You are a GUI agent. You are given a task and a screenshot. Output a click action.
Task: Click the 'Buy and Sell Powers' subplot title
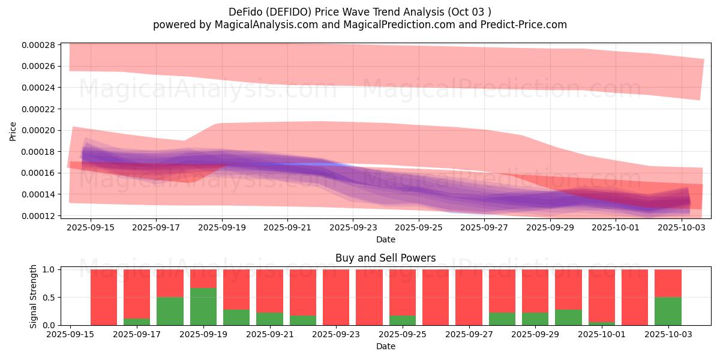[385, 259]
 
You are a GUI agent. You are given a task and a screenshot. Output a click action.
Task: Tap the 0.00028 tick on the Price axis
[38, 45]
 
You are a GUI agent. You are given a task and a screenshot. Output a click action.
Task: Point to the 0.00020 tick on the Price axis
[38, 130]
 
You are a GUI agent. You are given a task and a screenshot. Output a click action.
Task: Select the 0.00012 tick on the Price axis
[38, 216]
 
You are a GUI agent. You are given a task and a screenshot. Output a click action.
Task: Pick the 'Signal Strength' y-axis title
[34, 296]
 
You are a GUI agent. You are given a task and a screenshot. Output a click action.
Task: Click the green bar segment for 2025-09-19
[203, 307]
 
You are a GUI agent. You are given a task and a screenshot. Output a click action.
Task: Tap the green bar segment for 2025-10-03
[668, 311]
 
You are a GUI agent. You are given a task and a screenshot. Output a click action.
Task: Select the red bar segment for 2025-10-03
[668, 283]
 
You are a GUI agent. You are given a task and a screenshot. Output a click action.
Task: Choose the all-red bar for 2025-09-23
[336, 297]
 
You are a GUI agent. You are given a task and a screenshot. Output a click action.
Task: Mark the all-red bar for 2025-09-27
[469, 297]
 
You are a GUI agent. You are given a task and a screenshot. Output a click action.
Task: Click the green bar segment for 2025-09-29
[535, 319]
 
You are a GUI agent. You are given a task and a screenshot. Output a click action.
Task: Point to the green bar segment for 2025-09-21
[269, 319]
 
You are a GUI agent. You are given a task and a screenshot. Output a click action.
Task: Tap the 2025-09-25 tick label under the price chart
[418, 228]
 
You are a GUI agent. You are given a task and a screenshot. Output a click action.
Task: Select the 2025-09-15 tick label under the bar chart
[71, 335]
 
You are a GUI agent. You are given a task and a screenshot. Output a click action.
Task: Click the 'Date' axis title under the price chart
[385, 240]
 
